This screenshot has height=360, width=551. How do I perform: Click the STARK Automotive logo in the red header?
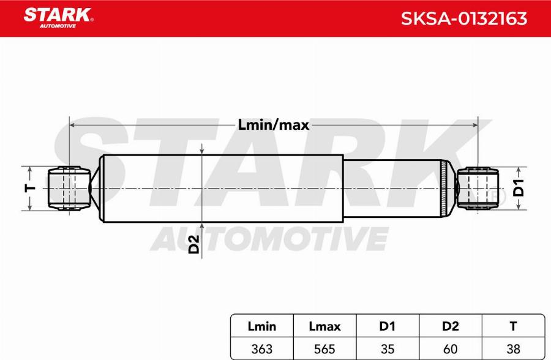[58, 17]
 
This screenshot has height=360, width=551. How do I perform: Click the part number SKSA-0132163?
[463, 18]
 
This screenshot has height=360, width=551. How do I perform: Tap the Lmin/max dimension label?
[274, 125]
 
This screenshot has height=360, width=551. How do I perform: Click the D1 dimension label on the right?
[518, 189]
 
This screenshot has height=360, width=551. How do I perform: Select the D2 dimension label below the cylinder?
[193, 245]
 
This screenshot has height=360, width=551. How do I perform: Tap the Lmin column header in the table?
[261, 327]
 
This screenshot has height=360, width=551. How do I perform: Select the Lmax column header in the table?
[324, 327]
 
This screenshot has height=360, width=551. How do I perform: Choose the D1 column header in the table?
[388, 327]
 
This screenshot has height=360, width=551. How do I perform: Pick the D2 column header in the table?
[451, 327]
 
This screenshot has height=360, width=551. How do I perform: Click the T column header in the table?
[513, 327]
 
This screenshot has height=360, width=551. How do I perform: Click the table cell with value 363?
[261, 349]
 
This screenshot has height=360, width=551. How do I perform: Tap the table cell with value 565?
[324, 349]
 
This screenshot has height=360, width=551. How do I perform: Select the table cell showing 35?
[388, 349]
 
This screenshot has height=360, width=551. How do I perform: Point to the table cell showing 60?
[451, 349]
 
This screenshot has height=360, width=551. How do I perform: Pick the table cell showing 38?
[513, 349]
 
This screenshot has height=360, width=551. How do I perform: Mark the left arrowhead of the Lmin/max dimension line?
[73, 125]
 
